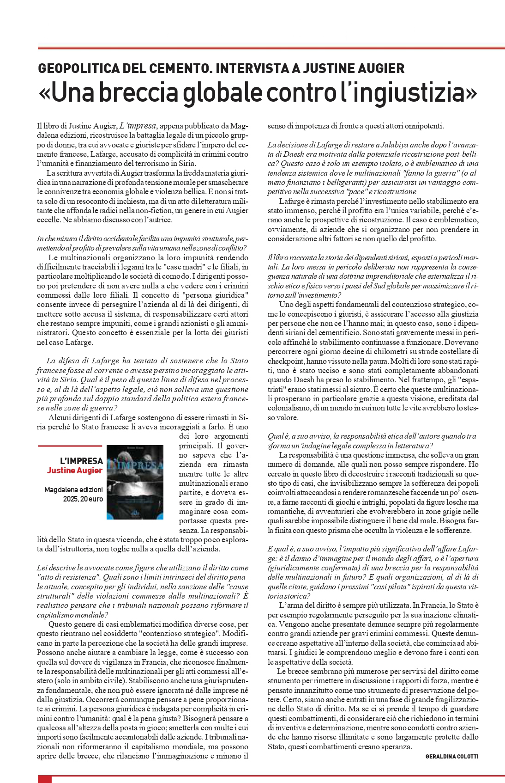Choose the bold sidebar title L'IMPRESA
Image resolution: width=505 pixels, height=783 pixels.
[81, 461]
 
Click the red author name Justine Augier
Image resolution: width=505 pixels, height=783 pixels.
[75, 471]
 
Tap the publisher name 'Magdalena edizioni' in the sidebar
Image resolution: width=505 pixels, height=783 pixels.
[74, 489]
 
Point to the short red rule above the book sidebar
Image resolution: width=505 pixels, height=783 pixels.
[69, 446]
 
